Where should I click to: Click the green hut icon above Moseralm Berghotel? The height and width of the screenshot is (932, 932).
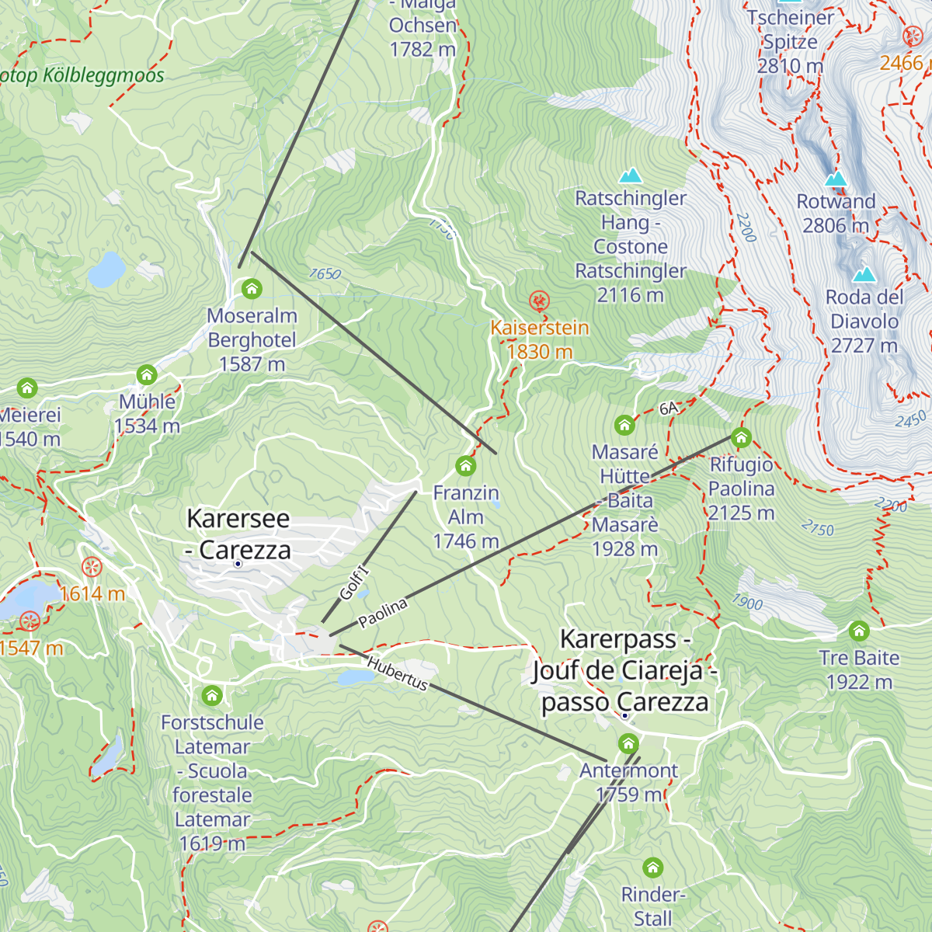[x=251, y=290]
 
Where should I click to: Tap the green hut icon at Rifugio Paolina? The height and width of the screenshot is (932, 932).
[x=741, y=438]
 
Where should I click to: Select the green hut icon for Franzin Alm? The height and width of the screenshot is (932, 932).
[x=465, y=466]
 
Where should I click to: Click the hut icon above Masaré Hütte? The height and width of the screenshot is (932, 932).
[x=624, y=426]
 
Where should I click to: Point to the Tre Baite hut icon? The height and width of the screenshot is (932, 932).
[x=858, y=631]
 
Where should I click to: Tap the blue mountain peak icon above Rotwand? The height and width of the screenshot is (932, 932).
[x=836, y=179]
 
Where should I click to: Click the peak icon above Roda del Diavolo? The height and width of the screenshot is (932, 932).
[x=864, y=274]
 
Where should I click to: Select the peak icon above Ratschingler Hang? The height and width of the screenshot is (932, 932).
[x=630, y=176]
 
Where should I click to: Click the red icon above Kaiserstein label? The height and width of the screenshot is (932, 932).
[x=538, y=301]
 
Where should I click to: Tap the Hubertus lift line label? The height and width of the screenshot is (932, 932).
[x=397, y=673]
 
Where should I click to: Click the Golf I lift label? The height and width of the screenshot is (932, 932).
[x=355, y=583]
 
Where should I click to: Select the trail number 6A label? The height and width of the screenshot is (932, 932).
[x=669, y=409]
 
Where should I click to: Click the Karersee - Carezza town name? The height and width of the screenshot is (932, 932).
[x=238, y=534]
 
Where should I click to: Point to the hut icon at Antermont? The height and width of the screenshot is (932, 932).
[x=628, y=744]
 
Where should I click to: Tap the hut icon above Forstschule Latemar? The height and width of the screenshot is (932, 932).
[x=212, y=695]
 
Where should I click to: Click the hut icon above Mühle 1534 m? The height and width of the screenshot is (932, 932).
[x=147, y=376]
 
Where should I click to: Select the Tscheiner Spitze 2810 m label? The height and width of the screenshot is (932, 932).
[x=790, y=41]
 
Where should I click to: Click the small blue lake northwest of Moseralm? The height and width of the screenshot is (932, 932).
[x=106, y=270]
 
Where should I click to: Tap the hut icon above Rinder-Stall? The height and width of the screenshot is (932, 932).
[x=652, y=868]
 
